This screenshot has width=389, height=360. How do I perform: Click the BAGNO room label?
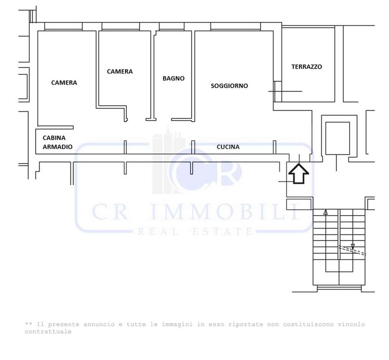point(173,78)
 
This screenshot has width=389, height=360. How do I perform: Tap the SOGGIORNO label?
point(229,86)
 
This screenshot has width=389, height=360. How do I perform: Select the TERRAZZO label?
point(307,67)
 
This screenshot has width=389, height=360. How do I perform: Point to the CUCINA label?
point(228,147)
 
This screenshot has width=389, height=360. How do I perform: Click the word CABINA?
point(54,138)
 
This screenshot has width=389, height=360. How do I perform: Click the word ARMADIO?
point(58,147)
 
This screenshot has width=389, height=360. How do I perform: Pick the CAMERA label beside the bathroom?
point(120,71)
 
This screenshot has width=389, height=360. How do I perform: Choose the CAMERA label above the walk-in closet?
point(64,83)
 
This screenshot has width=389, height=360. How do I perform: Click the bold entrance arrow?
point(299,174)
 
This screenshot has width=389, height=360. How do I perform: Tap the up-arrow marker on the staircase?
point(326,212)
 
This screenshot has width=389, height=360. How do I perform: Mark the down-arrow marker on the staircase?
point(352,246)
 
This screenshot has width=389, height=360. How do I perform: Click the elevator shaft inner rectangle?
point(337,138)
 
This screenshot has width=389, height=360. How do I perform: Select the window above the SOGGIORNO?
point(235,26)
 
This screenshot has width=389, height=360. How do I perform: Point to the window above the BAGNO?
point(171,26)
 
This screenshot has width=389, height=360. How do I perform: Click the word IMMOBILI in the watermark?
point(225,211)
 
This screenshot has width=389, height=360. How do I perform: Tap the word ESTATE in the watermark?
point(223,232)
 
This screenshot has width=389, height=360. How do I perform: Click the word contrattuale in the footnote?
point(48,331)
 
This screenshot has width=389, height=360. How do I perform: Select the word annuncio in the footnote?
point(99,324)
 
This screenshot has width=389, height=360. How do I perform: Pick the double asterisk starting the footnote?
point(29,324)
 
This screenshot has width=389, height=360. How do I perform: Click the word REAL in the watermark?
point(158,232)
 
